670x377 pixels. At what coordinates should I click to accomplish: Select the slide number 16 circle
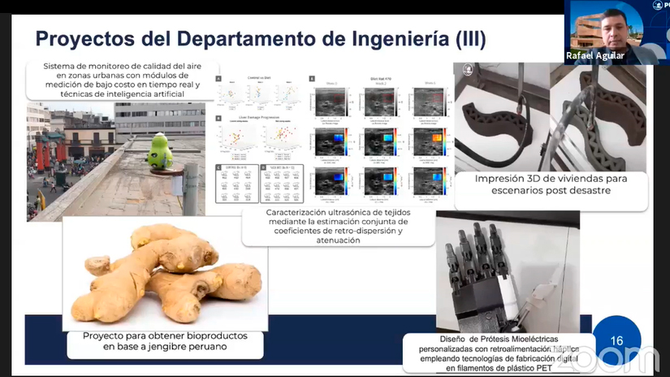[616, 340]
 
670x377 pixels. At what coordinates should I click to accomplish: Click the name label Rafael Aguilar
[595, 56]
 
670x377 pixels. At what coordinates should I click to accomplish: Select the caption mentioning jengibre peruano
[165, 341]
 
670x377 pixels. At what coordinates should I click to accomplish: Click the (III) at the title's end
[467, 39]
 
